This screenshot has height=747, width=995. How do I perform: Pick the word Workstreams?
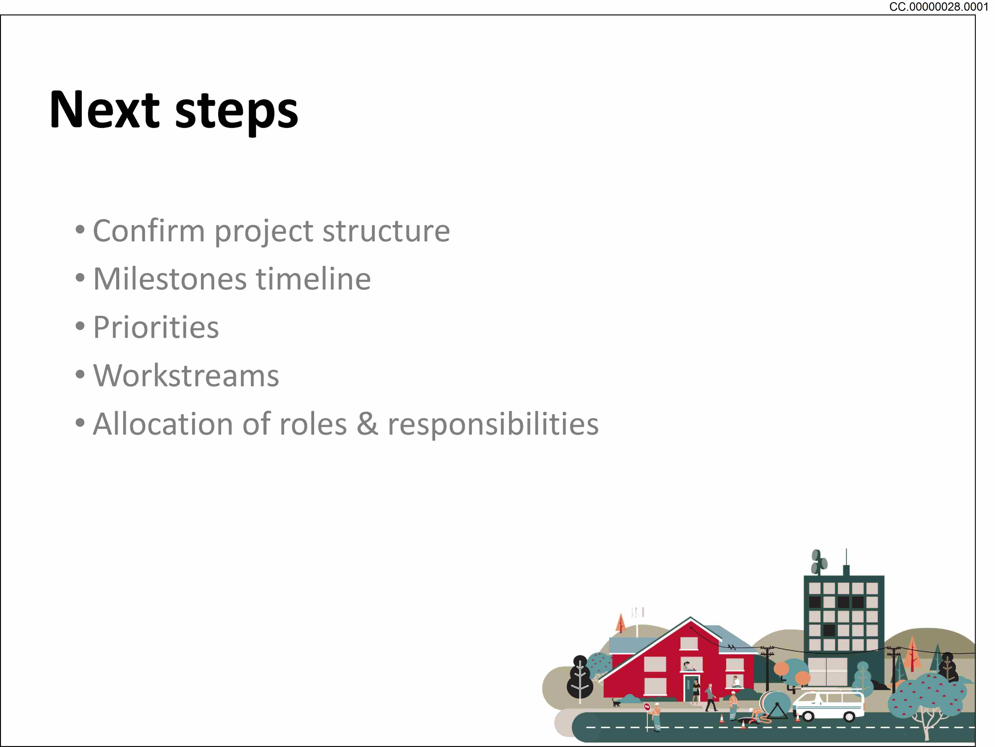[x=186, y=376]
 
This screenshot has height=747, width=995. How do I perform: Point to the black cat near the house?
[x=616, y=702]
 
